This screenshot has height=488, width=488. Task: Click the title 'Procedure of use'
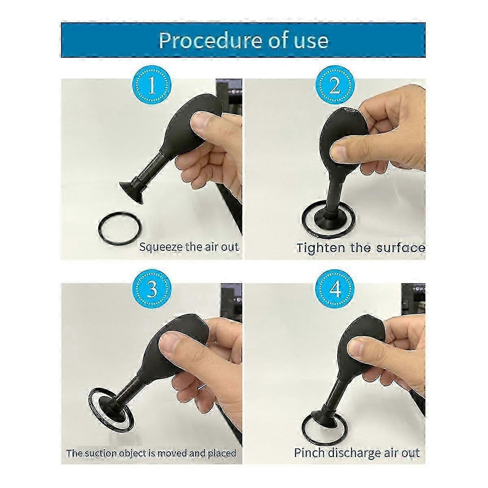(243, 40)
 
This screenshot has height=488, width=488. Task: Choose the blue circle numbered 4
(335, 290)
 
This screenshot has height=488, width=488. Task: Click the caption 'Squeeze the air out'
(189, 247)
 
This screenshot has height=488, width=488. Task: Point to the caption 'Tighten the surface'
(360, 248)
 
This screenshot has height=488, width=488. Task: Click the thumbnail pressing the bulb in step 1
(202, 122)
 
